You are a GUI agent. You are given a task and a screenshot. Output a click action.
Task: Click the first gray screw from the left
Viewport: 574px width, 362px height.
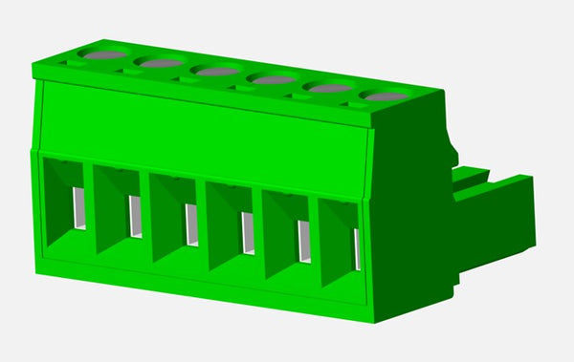click(x=104, y=55)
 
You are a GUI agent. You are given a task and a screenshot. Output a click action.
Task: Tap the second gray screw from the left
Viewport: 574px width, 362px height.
click(x=161, y=63)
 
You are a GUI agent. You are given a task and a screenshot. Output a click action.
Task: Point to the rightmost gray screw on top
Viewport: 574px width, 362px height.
click(x=386, y=96)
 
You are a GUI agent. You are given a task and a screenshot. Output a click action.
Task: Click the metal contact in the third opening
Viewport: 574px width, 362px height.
click(x=191, y=224)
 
